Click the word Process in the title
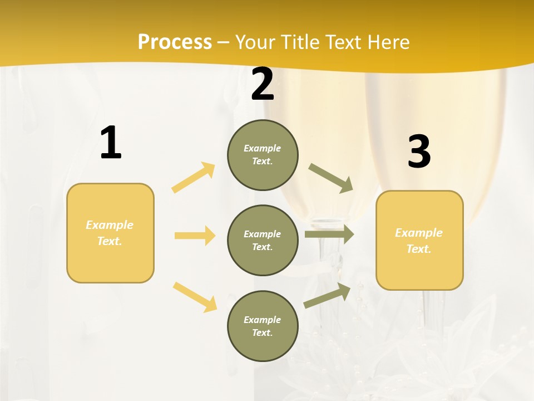pos(175,42)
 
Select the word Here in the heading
pos(388,42)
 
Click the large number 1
pos(111,143)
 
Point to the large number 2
pos(263,85)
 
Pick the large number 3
pos(419,152)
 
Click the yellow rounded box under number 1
pos(110,233)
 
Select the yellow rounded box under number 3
pos(419,241)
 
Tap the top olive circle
pos(263,155)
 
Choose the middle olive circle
pos(263,241)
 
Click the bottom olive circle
pos(263,326)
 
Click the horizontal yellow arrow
pos(195,236)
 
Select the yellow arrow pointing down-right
pos(195,297)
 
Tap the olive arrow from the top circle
pos(331,178)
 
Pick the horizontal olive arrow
pos(329,234)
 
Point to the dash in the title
pos(224,42)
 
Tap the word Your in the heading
pos(255,42)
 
